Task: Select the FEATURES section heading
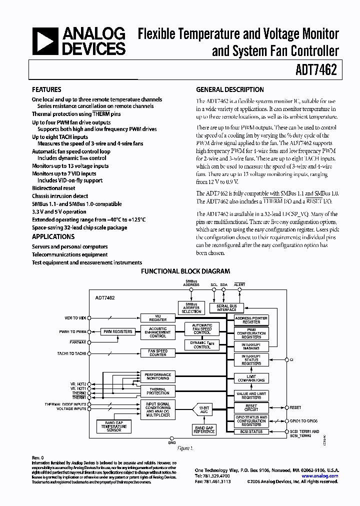(46, 90)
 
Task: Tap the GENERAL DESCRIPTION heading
(229, 90)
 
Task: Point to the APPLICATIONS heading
(53, 236)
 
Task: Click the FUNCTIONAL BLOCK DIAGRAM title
(185, 271)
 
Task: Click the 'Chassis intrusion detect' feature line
(60, 196)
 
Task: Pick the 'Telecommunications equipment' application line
(69, 254)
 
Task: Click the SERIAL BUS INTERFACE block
(226, 307)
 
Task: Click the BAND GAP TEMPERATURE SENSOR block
(114, 426)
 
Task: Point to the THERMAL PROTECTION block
(158, 391)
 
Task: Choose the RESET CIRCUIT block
(251, 407)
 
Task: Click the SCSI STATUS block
(251, 431)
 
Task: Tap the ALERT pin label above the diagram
(239, 284)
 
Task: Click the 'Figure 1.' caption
(185, 448)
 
